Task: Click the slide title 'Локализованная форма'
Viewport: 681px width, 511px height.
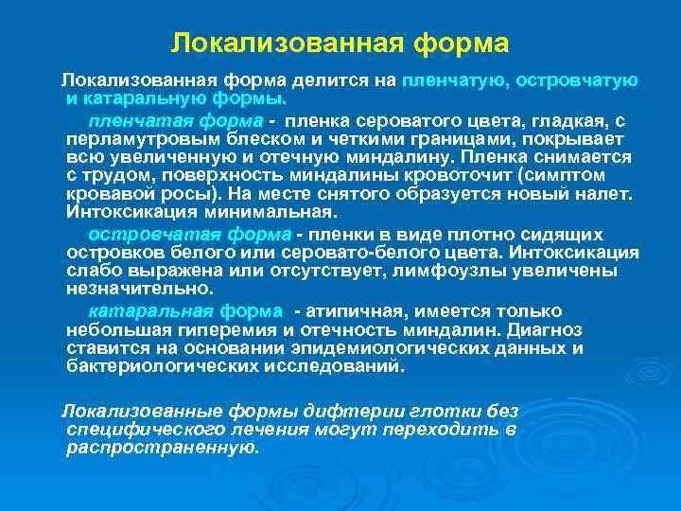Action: click(340, 44)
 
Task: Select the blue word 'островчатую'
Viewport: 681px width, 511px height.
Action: click(577, 80)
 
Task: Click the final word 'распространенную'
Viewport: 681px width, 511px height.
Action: click(162, 448)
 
